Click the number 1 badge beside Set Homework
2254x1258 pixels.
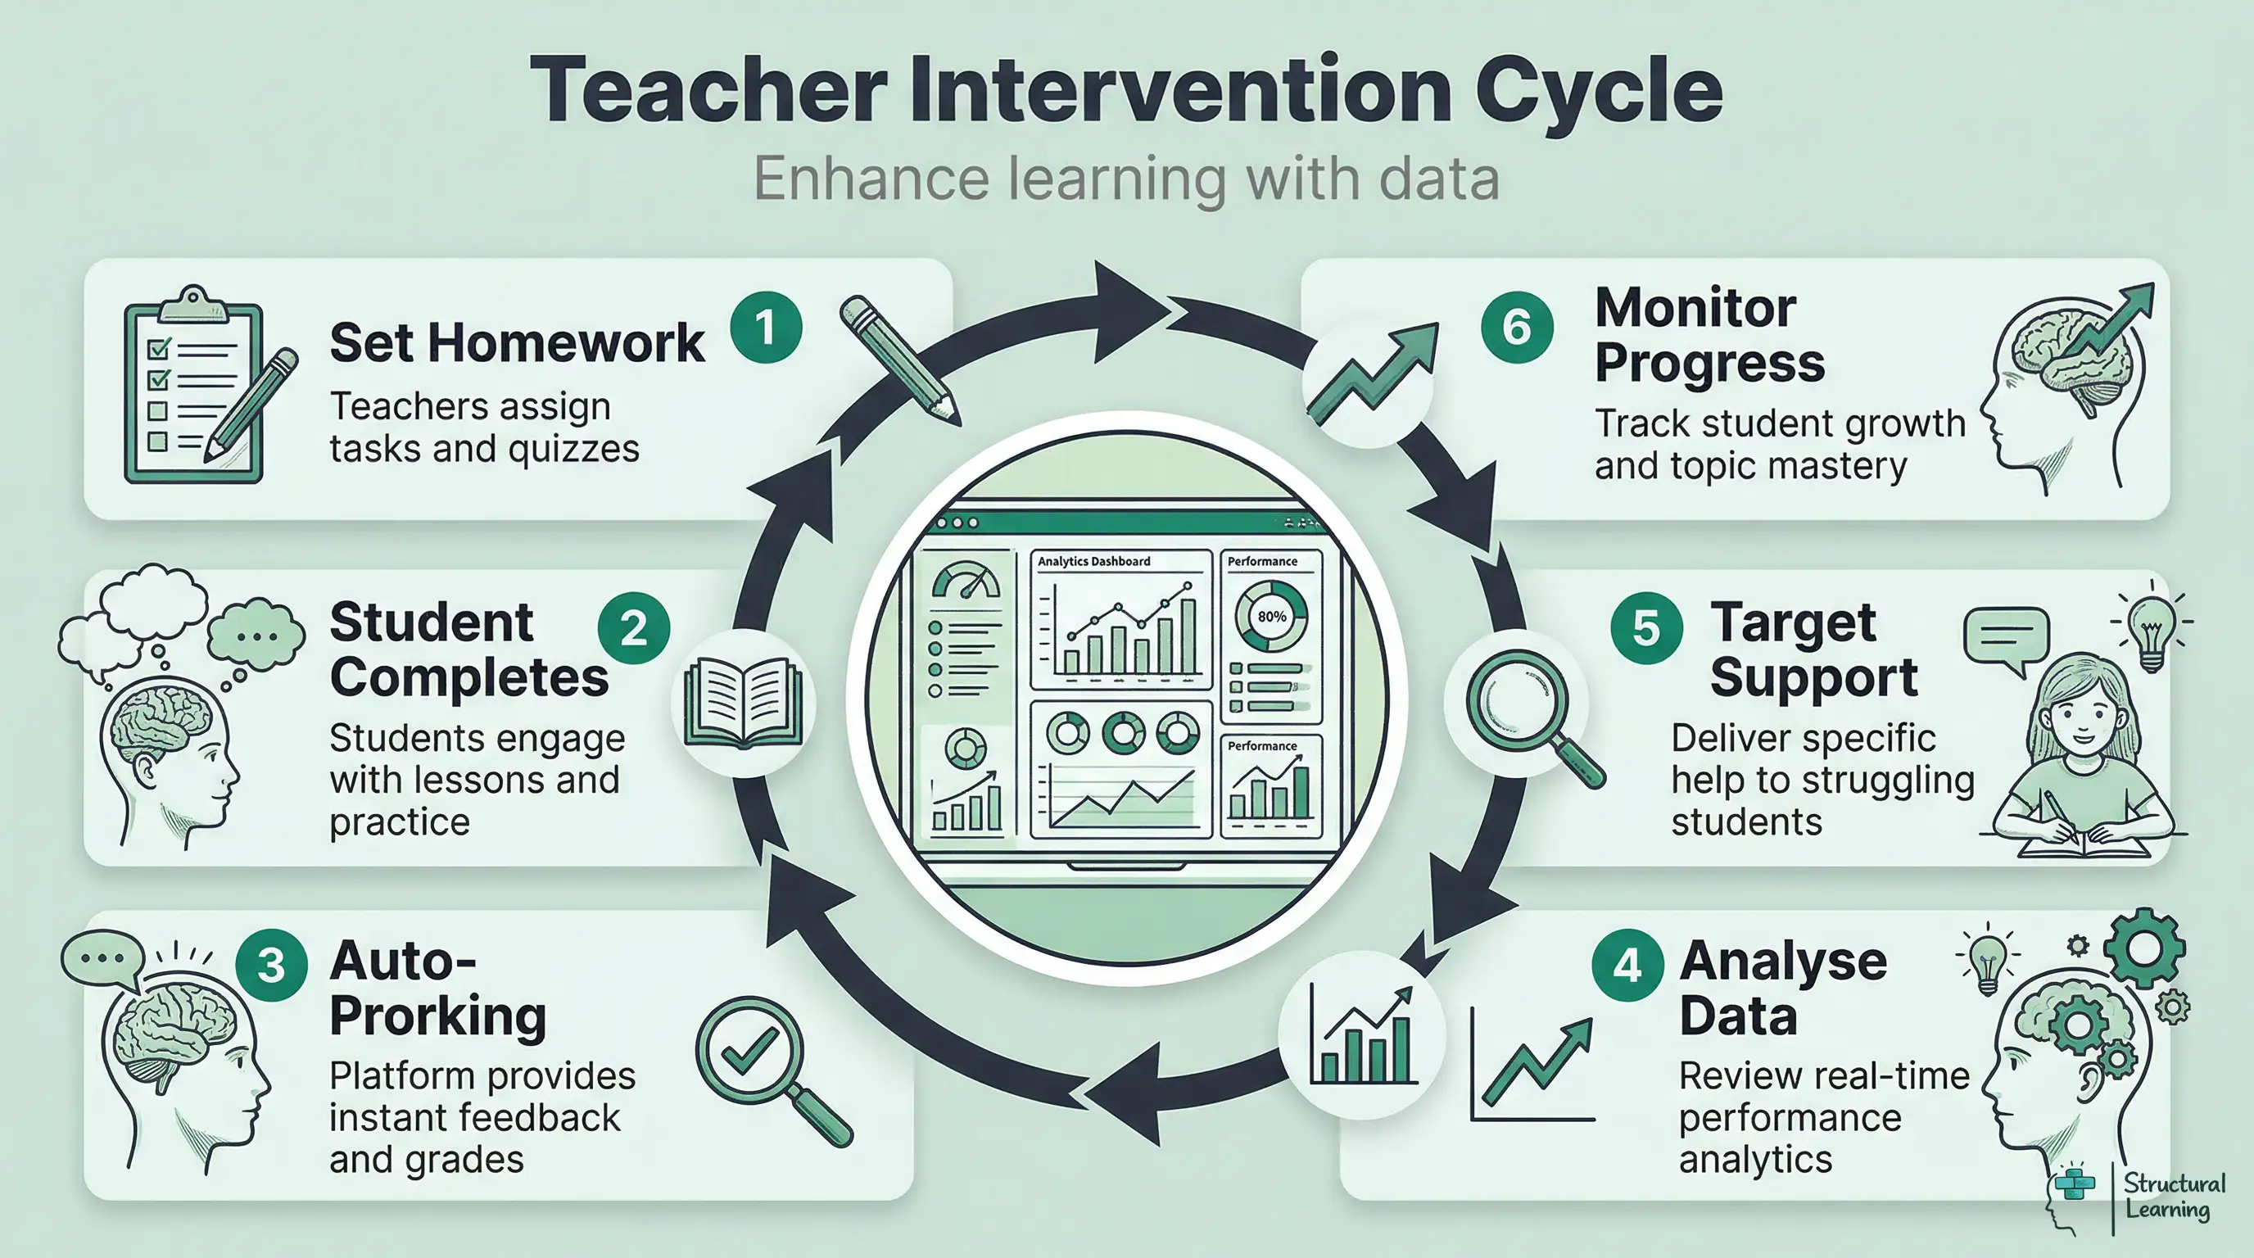[x=766, y=328]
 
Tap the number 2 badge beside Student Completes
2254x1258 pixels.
[x=633, y=628]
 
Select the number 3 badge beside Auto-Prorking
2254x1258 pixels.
[x=271, y=965]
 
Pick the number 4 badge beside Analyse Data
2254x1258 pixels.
[x=1627, y=965]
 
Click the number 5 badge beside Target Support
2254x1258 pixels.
[x=1646, y=628]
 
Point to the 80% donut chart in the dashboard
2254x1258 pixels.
[x=1270, y=616]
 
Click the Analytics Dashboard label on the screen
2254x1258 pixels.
[x=1093, y=562]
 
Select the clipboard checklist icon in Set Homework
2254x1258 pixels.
[x=194, y=387]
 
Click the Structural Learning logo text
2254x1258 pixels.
[x=2174, y=1197]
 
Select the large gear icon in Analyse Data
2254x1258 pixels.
[x=2143, y=948]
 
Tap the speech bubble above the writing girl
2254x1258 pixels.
[x=2007, y=637]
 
